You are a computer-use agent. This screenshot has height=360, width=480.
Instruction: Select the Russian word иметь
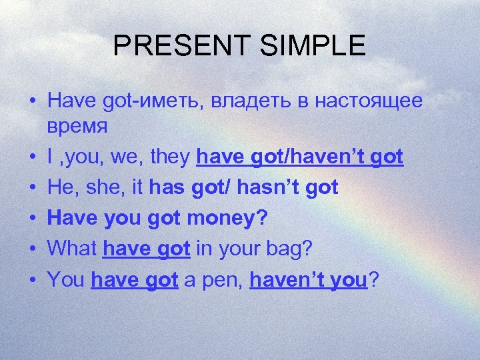click(x=175, y=101)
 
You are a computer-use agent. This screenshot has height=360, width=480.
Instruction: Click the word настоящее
click(x=369, y=101)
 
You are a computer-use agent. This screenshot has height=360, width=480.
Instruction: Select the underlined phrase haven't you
click(x=309, y=280)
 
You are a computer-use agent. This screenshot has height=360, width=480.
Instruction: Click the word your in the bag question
click(x=243, y=249)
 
